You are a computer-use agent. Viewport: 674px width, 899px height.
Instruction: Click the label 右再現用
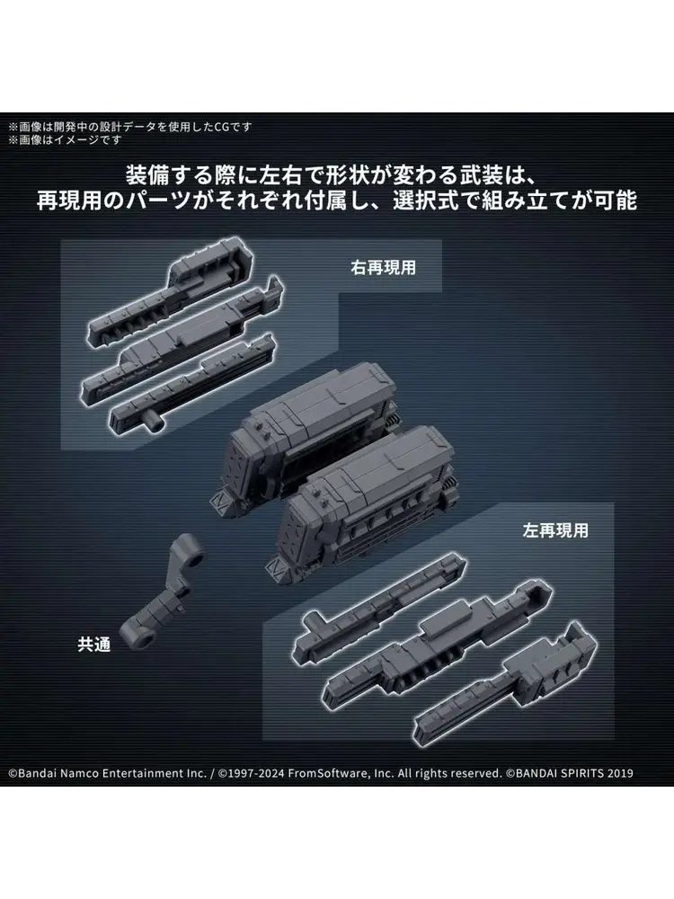pos(384,268)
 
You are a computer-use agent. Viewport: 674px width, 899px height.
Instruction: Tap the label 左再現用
pos(555,530)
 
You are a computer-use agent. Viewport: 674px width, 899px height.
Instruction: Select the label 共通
pos(94,645)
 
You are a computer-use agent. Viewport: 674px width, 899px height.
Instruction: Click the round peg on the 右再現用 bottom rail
pos(155,423)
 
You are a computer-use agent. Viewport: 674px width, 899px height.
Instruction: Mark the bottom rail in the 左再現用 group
pos(504,682)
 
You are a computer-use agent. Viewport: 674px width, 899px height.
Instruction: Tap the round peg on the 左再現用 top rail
pos(314,623)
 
